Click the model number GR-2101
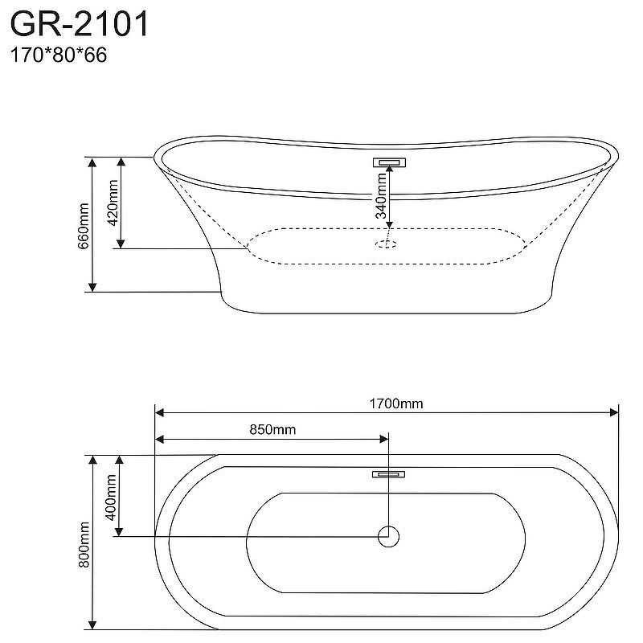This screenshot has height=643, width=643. [79, 24]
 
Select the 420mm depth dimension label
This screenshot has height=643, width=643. [113, 202]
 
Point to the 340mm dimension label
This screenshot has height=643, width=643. [382, 197]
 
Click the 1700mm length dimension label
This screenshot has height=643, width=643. [396, 403]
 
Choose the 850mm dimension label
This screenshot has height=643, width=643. [272, 429]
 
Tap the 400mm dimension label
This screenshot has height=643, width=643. [112, 495]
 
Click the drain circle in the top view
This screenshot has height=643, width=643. [389, 536]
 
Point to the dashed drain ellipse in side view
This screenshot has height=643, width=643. [387, 243]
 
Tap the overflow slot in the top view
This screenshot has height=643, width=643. [389, 473]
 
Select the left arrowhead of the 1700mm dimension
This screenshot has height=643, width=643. [159, 413]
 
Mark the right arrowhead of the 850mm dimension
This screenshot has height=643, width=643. [383, 439]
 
